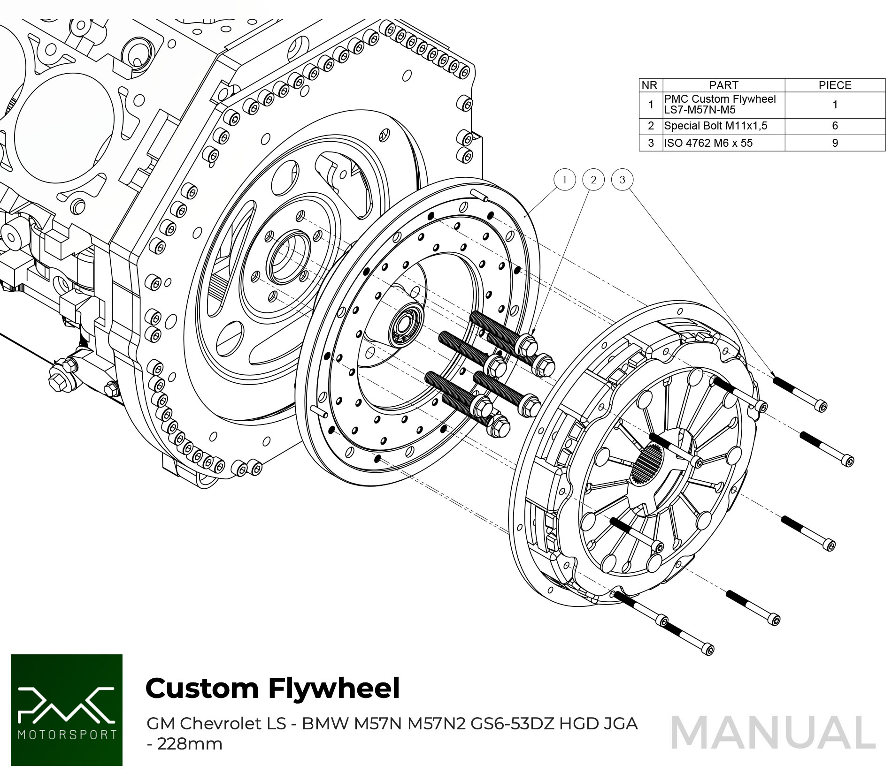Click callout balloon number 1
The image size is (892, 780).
pyautogui.click(x=564, y=180)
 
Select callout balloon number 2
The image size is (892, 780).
pyautogui.click(x=593, y=180)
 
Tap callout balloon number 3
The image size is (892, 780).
pyautogui.click(x=623, y=180)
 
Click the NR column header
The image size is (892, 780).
pyautogui.click(x=650, y=85)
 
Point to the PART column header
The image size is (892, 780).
pyautogui.click(x=723, y=85)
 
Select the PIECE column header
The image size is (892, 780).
pyautogui.click(x=835, y=85)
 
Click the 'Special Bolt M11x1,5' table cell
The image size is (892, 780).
pyautogui.click(x=715, y=126)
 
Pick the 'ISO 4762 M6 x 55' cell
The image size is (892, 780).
pyautogui.click(x=708, y=143)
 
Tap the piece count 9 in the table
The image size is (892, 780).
pyautogui.click(x=835, y=143)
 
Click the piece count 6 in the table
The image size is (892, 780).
pyautogui.click(x=835, y=126)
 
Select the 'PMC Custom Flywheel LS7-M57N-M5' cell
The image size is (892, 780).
pyautogui.click(x=719, y=105)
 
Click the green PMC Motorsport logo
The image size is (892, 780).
pyautogui.click(x=67, y=710)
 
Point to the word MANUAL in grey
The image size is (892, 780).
pyautogui.click(x=773, y=733)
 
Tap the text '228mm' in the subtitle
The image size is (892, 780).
pyautogui.click(x=190, y=744)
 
